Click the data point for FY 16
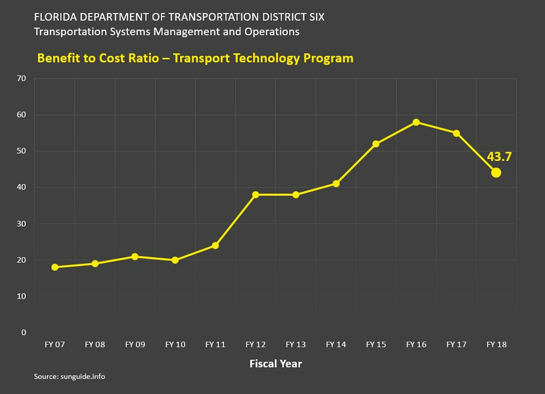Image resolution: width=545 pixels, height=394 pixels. click(x=416, y=122)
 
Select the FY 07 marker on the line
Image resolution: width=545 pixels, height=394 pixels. click(x=55, y=267)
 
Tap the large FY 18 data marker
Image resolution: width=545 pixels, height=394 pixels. click(x=496, y=173)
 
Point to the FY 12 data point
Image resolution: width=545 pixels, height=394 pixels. click(x=255, y=195)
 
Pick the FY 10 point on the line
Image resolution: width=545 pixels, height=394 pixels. click(x=175, y=260)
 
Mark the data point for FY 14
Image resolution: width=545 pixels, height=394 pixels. click(x=336, y=184)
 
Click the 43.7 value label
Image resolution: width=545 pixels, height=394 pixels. click(x=499, y=157)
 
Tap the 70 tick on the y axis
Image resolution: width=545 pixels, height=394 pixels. click(x=22, y=78)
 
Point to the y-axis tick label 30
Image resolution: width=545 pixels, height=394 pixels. click(x=22, y=224)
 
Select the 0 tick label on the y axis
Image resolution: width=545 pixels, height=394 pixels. click(x=24, y=332)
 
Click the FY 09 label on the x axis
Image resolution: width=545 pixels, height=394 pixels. click(x=135, y=345)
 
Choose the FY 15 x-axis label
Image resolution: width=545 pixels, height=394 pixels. click(x=376, y=345)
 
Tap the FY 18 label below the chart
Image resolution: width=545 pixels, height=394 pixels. click(x=496, y=345)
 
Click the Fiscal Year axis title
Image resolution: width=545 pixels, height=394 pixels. click(x=275, y=364)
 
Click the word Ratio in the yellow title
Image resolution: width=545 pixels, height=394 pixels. click(x=144, y=58)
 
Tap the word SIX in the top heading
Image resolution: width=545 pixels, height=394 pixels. click(x=317, y=17)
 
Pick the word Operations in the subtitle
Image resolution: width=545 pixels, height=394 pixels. click(x=272, y=32)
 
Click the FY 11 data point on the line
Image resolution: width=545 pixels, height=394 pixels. click(x=215, y=245)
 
